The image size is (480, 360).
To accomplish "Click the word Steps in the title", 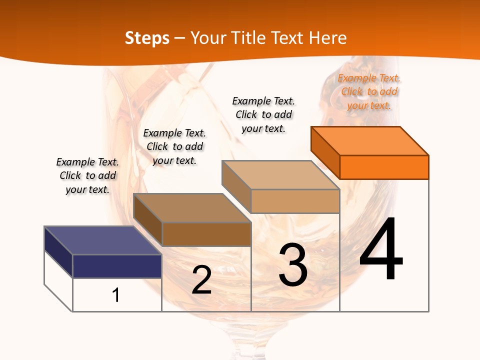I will coord(147,38).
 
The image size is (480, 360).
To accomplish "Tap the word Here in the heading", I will coord(328,38).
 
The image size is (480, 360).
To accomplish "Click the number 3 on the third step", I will coord(293,264).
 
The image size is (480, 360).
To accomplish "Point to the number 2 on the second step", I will coord(201,280).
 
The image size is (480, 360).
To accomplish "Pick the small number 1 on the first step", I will coord(116,295).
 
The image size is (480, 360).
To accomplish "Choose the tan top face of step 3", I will coord(280,174).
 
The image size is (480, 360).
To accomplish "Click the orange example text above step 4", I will coord(369,91).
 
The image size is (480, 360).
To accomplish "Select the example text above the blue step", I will coord(87,175).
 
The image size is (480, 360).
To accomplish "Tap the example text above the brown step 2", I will coord(174,146).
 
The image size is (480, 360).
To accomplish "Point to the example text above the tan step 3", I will coord(263,114).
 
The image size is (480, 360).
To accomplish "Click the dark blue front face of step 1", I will coord(117,266).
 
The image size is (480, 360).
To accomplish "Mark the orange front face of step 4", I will coord(384,167).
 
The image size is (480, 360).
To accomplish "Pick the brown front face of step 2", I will coord(206,234).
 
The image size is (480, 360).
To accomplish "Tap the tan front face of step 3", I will coord(295,201).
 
